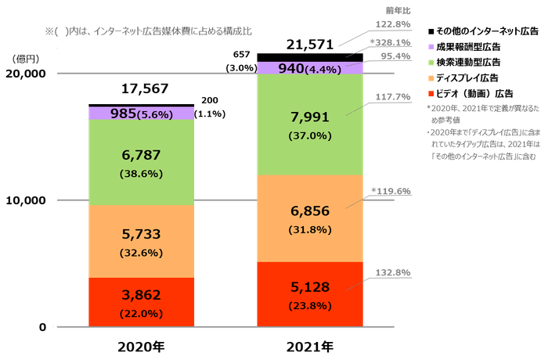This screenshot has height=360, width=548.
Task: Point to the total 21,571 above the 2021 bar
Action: tap(311, 43)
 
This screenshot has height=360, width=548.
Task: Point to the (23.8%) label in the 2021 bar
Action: tap(310, 305)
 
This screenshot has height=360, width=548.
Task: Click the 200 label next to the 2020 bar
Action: tap(210, 100)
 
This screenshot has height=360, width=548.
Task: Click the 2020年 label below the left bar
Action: tap(142, 344)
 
